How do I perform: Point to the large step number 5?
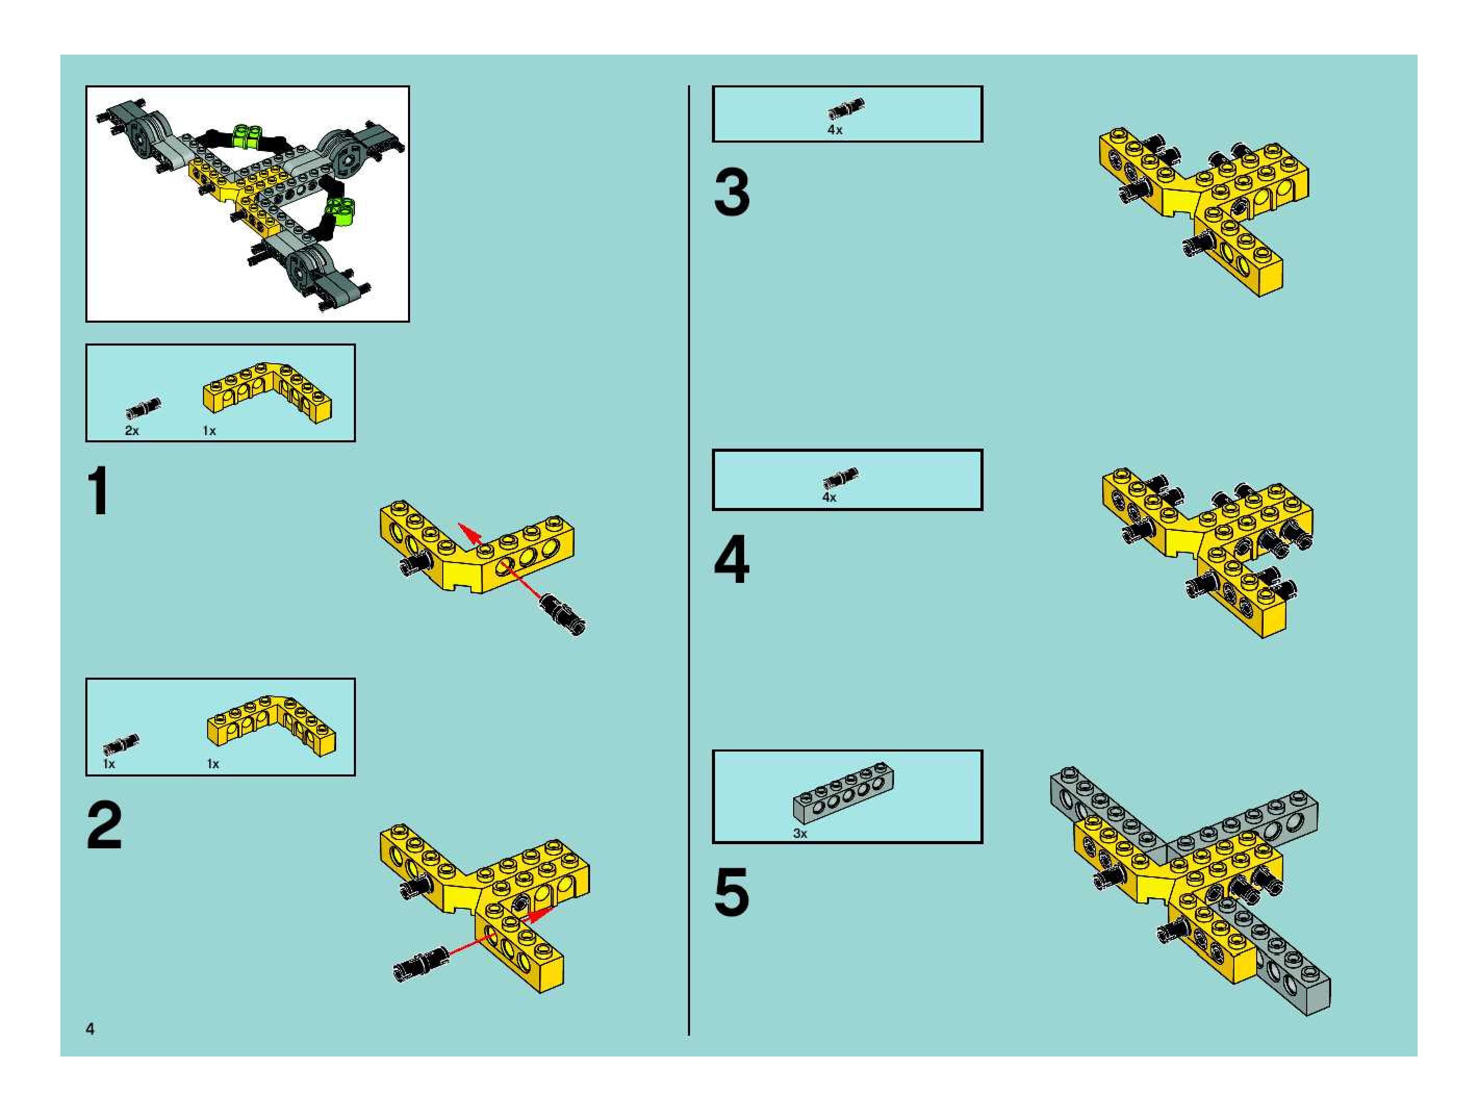pos(732,892)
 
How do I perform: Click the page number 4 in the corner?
pos(90,1029)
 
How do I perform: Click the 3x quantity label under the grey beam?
pos(800,834)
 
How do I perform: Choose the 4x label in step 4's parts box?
pos(829,498)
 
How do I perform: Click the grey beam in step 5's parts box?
pos(844,793)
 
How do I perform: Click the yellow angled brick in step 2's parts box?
pos(272,726)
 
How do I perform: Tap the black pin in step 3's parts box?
pos(846,109)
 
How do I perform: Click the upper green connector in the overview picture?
pos(247,135)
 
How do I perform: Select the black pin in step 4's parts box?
pos(840,477)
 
